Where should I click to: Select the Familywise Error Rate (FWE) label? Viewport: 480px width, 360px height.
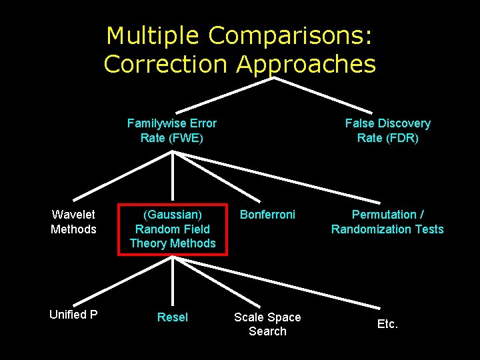(x=172, y=131)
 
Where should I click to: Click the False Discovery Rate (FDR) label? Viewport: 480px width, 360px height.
(x=387, y=131)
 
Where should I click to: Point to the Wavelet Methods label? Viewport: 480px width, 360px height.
(x=73, y=222)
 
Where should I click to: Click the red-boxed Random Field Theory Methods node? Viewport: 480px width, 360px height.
(x=173, y=229)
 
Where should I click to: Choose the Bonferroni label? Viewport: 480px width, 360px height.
(x=267, y=215)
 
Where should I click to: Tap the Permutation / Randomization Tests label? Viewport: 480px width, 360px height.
(x=387, y=222)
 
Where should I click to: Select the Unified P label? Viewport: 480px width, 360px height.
(x=73, y=315)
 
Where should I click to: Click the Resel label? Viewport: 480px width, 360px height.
(x=173, y=317)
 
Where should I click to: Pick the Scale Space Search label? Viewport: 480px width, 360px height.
(x=267, y=324)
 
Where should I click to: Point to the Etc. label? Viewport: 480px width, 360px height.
(x=387, y=324)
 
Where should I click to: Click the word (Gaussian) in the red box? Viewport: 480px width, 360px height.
(x=173, y=215)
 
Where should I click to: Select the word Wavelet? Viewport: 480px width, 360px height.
(x=73, y=215)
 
